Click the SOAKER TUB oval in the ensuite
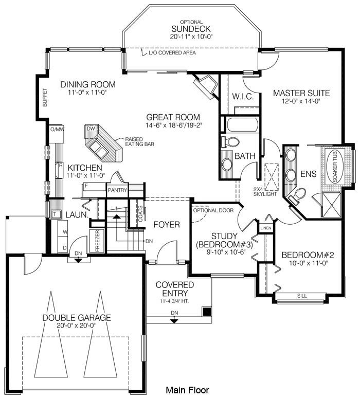coord(334,166)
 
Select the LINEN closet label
coord(266,228)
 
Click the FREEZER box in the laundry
coord(97,241)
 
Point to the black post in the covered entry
coord(206,311)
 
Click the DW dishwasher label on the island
coord(91,129)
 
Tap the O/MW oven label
coord(57,129)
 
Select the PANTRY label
coord(117,190)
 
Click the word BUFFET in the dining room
coord(45,98)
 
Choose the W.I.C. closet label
coord(243,97)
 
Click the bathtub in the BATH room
coord(242,124)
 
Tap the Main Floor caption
coord(187,390)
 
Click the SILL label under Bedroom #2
coord(302,296)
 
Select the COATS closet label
coord(140,214)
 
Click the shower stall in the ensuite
coord(331,205)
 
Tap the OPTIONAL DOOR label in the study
coord(213,210)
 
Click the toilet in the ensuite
coord(297,195)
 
